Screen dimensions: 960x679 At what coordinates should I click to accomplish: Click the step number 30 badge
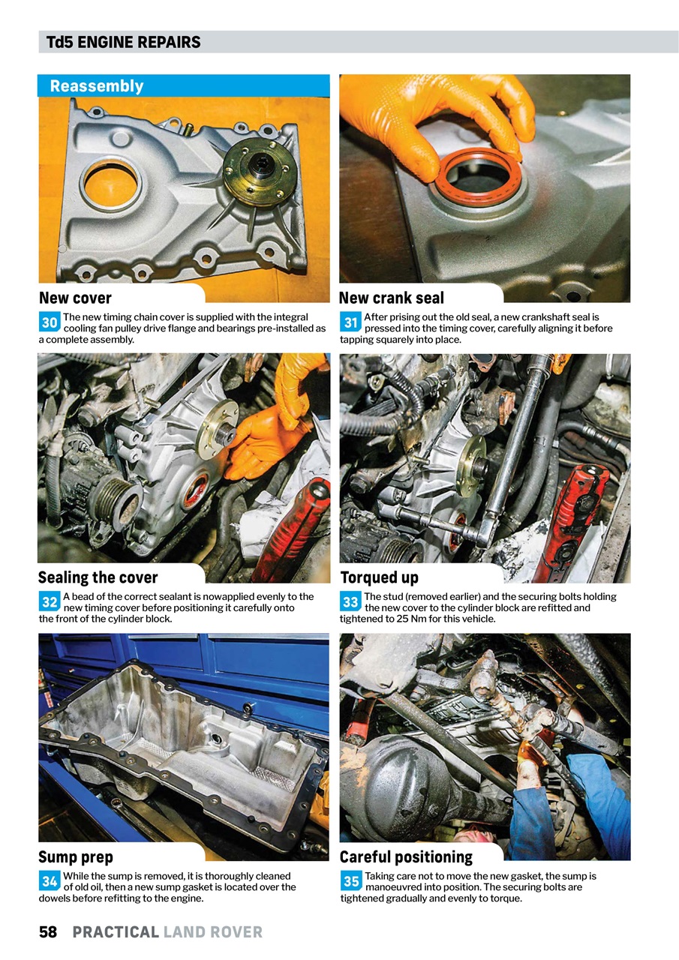50,323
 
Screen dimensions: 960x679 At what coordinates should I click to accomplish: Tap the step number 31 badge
350,323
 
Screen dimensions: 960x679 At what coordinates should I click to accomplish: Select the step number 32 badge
50,602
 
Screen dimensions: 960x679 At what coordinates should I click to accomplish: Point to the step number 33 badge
350,602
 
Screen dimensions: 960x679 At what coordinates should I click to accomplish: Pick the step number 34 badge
50,881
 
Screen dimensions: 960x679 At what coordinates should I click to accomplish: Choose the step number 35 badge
350,881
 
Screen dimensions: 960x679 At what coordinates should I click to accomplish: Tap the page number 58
48,932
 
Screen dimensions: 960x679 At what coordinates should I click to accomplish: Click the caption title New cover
75,298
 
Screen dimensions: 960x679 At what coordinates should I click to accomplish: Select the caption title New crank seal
392,298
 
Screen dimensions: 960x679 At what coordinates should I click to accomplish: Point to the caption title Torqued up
379,577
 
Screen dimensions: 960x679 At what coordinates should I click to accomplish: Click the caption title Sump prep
75,856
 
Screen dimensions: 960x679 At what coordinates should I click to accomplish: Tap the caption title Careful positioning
406,856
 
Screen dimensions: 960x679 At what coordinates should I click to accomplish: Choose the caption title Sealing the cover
98,577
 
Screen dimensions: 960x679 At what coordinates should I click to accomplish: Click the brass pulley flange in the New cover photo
260,173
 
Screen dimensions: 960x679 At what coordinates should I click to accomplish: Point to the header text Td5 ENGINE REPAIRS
124,42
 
